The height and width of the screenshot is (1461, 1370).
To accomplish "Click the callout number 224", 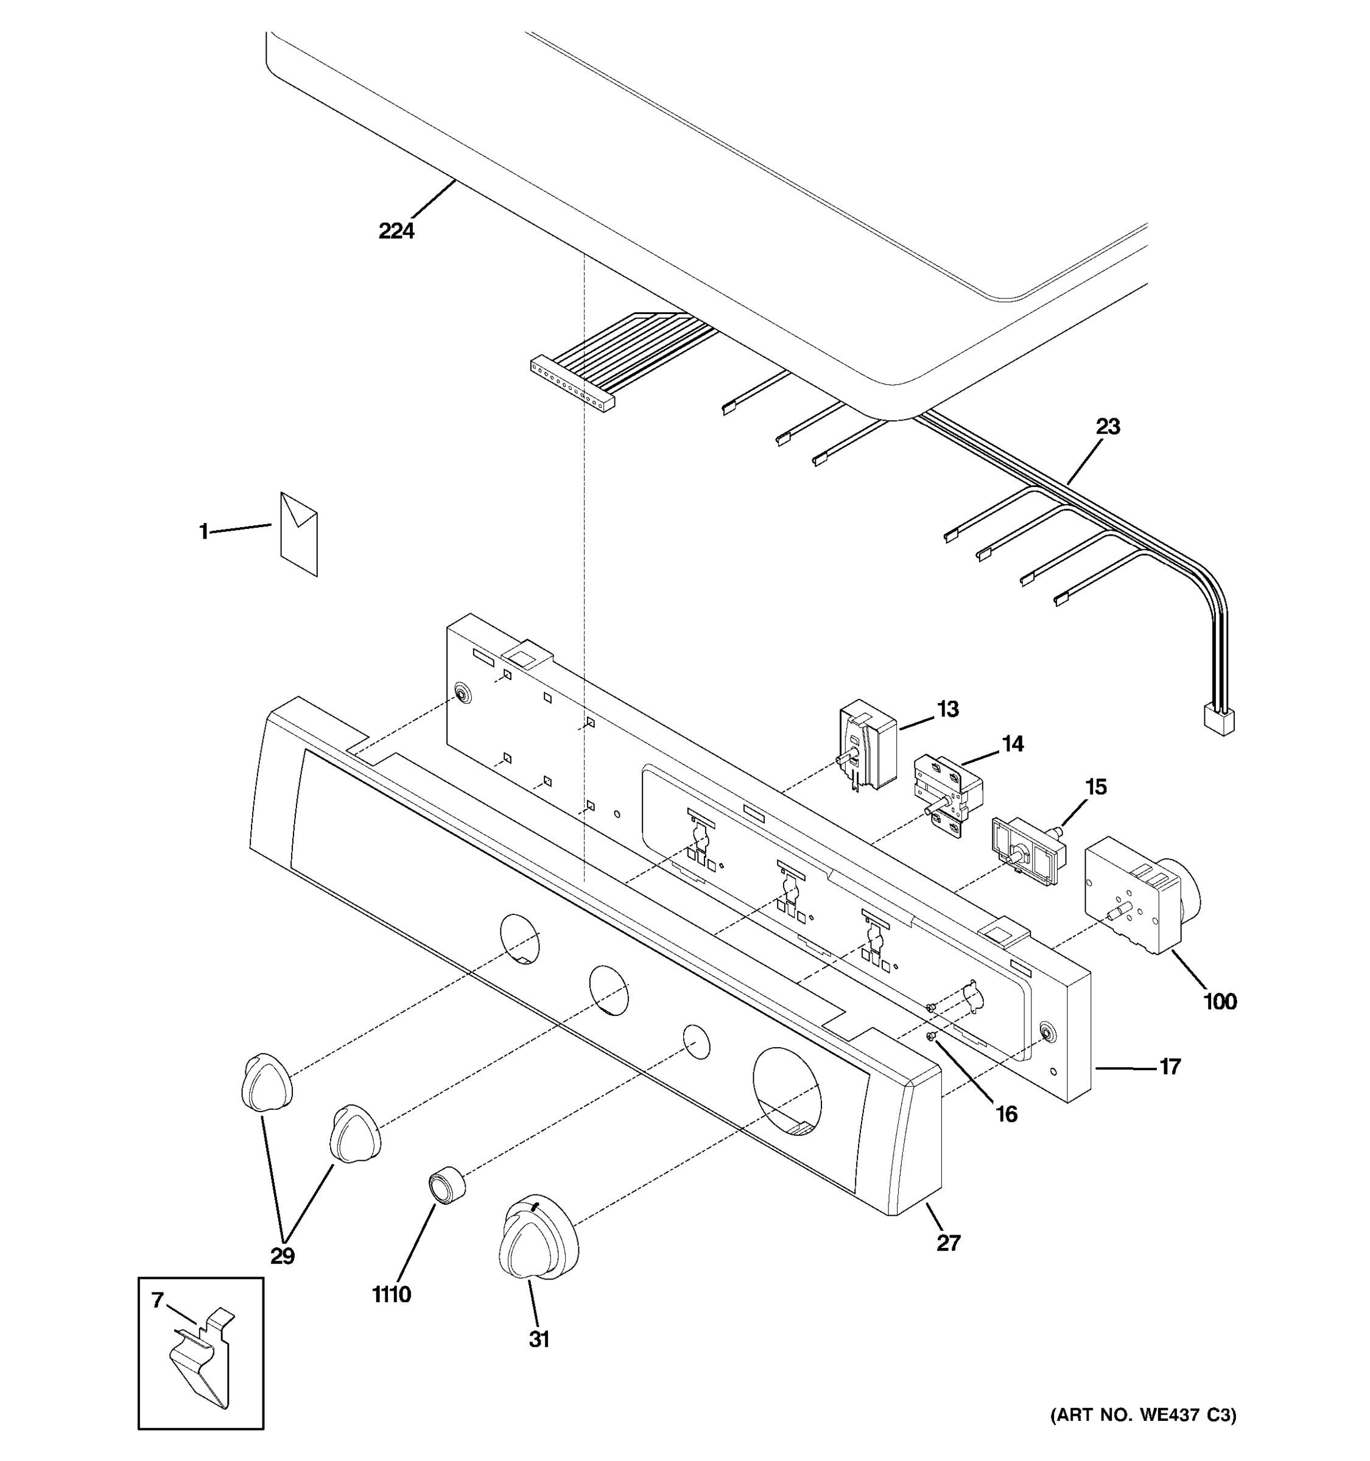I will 396,231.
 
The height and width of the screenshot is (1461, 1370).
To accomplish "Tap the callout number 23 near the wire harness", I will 1108,426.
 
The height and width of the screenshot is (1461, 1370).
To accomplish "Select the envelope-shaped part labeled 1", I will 299,534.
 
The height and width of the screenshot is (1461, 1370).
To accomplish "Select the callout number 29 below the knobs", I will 283,1256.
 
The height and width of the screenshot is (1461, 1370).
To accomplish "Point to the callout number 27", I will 948,1242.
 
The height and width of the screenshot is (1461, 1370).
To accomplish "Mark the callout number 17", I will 1169,1067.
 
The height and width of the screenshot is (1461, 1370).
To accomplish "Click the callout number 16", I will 1006,1115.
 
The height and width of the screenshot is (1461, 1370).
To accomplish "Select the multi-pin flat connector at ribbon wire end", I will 572,385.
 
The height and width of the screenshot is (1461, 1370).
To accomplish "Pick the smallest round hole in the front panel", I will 696,1042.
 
